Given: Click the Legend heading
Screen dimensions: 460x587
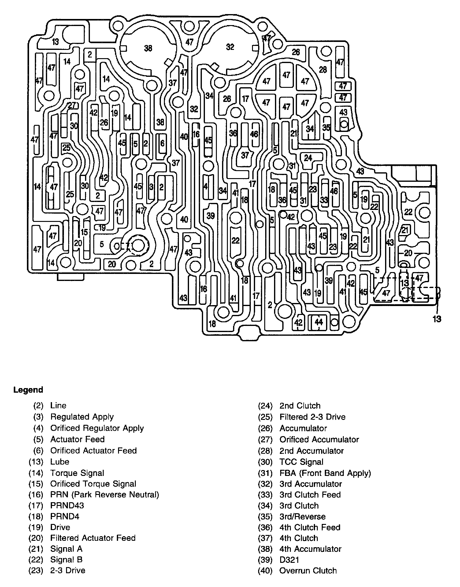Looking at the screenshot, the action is click(x=28, y=390).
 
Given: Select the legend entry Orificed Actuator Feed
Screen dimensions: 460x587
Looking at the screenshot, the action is click(x=93, y=451).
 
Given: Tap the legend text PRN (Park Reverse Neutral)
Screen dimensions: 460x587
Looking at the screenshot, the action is click(x=105, y=495).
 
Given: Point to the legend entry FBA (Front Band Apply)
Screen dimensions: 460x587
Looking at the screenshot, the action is click(x=325, y=473).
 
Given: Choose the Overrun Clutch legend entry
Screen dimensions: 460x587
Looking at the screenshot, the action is click(x=308, y=570).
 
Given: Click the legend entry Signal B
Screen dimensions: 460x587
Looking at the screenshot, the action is click(x=66, y=559).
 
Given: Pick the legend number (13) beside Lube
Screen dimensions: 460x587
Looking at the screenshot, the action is click(x=36, y=462).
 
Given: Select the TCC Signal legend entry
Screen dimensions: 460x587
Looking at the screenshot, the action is click(x=301, y=462).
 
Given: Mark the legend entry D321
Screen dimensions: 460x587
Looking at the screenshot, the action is click(x=289, y=560).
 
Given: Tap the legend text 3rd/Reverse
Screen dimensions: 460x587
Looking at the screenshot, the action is click(x=302, y=517).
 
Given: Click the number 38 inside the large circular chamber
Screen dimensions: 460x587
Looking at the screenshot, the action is click(x=148, y=48).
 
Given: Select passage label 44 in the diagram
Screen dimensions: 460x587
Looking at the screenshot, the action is click(x=319, y=322).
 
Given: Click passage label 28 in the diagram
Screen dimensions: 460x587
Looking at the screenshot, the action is click(x=323, y=69).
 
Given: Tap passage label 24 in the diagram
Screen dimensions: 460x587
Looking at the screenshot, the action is click(x=308, y=158).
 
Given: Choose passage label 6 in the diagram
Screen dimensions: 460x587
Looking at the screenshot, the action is click(x=162, y=143).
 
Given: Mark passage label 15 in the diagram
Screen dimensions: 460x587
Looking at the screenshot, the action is click(x=84, y=232).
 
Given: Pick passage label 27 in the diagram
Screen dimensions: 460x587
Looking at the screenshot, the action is click(x=71, y=105).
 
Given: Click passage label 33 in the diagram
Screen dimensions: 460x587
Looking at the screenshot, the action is click(x=324, y=200).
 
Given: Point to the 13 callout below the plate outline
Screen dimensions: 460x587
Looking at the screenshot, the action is click(x=437, y=319).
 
